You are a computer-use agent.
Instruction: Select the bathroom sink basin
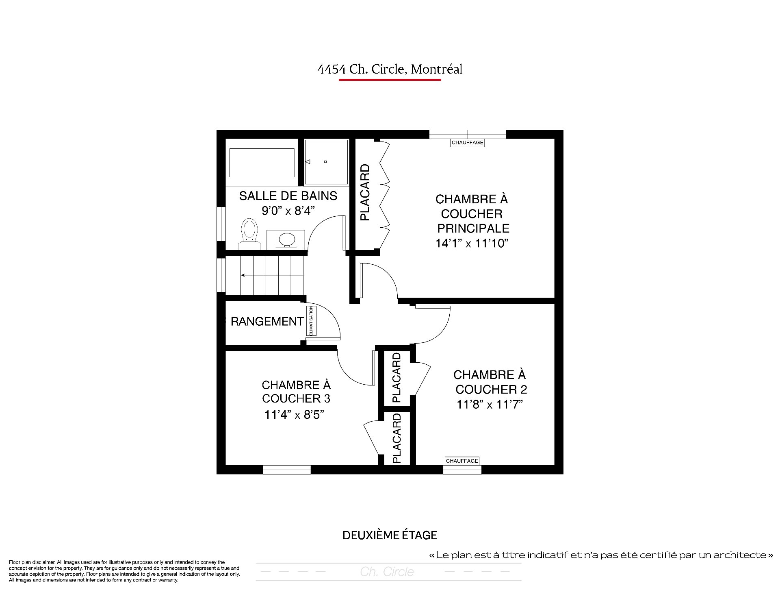coord(287,239)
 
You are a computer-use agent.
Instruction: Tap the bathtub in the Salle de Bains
coord(262,163)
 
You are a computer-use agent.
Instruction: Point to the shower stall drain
coord(325,162)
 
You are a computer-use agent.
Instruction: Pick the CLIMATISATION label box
coord(312,321)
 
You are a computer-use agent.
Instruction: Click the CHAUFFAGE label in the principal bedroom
coord(468,143)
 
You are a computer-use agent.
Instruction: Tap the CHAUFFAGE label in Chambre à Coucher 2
coord(462,461)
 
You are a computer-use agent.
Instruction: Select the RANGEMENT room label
coord(267,322)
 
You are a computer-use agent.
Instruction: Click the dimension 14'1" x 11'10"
coord(472,243)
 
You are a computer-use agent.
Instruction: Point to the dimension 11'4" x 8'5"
coord(294,414)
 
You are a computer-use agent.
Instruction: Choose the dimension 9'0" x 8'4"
coord(288,211)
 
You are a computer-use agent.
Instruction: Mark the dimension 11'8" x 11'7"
coord(490,405)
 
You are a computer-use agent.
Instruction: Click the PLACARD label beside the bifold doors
coord(365,192)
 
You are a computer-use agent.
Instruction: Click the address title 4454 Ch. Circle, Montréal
coord(390,69)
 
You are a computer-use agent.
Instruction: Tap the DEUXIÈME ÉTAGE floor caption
coord(390,535)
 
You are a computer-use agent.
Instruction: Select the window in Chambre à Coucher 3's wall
coord(287,470)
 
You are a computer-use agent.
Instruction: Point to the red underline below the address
coord(390,80)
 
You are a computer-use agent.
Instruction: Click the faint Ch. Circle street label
coord(387,572)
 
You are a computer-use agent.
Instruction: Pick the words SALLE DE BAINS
coord(288,196)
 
